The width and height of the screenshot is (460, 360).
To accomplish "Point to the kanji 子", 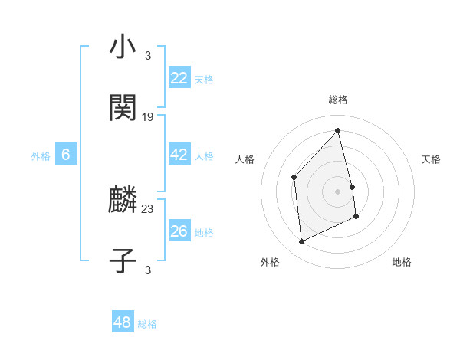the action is point(123,260).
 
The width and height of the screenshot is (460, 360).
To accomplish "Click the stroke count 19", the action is point(148,117).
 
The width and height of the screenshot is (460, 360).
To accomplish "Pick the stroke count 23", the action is point(148,208).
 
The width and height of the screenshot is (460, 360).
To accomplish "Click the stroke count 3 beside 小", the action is point(148,55).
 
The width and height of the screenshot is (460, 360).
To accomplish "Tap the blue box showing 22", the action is point(179,78).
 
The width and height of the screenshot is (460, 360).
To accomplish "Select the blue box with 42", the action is point(179,155).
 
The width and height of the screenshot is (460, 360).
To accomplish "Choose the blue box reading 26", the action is point(179,231).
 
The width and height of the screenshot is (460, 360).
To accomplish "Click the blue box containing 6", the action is point(66,155).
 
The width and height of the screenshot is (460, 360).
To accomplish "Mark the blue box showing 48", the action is point(123,322).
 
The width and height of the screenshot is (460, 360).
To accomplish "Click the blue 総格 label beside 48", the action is point(147,324).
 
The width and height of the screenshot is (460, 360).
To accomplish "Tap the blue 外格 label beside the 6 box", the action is point(41,156).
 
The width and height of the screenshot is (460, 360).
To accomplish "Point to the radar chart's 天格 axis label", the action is point(431,159).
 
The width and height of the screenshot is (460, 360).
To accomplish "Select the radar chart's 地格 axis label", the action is point(402,262).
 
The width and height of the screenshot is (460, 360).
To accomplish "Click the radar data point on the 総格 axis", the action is point(337,131).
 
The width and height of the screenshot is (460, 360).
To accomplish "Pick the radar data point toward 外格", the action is point(301,242).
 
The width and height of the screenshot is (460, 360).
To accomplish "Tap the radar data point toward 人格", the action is point(294,178).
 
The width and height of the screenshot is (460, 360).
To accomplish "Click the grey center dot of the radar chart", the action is point(337,191).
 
